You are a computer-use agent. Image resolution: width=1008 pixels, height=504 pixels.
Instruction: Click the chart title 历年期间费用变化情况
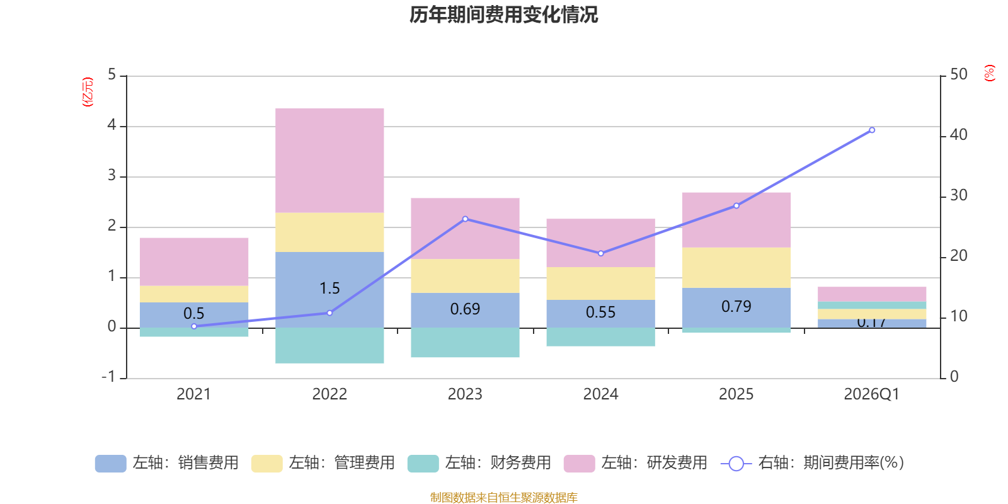click(x=503, y=14)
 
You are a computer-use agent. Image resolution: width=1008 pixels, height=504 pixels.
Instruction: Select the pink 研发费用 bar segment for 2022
click(x=329, y=161)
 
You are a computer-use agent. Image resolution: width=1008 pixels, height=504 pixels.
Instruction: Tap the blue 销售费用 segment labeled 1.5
click(x=329, y=289)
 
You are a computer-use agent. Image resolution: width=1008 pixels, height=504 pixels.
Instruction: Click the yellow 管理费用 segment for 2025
click(x=736, y=268)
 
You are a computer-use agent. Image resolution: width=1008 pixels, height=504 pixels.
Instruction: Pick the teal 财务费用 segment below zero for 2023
click(x=465, y=343)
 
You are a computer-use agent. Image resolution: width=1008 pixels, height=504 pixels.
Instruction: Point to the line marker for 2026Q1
click(x=872, y=130)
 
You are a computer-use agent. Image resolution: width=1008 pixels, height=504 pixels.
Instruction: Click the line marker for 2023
click(x=465, y=219)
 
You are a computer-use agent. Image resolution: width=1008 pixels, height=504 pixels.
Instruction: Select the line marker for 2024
click(x=600, y=253)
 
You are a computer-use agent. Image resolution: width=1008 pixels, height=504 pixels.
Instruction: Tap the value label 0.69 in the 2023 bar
click(x=465, y=309)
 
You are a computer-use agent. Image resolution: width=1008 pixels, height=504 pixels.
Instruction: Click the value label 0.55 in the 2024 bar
click(x=600, y=312)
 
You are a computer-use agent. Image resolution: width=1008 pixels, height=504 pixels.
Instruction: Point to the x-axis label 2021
click(x=193, y=394)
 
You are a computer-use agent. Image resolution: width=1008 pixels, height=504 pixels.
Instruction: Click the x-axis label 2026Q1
click(x=871, y=394)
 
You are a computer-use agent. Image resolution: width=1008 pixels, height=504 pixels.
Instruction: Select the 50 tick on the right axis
click(x=958, y=74)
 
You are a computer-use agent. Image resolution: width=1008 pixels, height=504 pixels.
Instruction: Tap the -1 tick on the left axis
click(x=109, y=377)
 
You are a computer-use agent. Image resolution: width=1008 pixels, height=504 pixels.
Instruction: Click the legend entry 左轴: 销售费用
click(x=167, y=463)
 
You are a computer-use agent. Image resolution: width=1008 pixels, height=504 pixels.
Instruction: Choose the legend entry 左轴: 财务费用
click(x=479, y=463)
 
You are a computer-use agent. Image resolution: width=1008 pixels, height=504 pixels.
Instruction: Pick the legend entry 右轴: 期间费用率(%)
click(x=812, y=463)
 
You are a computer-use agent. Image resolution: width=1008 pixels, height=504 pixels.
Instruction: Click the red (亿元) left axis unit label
click(x=88, y=92)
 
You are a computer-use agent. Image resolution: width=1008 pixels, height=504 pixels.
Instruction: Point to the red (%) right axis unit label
click(x=989, y=73)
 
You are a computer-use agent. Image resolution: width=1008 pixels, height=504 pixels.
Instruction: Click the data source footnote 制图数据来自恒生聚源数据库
click(x=503, y=498)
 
